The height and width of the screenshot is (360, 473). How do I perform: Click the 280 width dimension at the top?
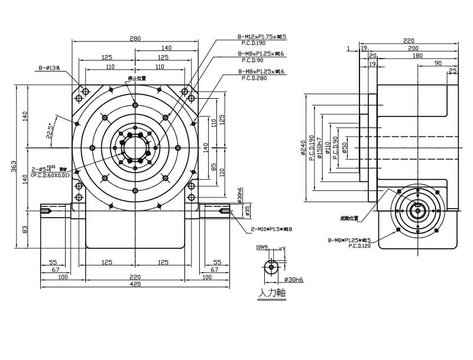coord(135,38)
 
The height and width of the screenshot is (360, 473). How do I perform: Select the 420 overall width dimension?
coord(135,284)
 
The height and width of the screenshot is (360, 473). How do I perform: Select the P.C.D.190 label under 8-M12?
coord(254,43)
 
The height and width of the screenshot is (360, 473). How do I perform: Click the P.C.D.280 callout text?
coord(254,78)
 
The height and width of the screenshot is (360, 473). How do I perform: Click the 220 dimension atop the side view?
coord(409,41)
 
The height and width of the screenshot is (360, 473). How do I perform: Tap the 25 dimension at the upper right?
coord(453,70)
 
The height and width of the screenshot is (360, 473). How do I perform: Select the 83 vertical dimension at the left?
coord(25,228)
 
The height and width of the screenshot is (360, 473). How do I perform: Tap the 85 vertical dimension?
coord(214,167)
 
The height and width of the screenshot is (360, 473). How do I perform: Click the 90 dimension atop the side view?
coord(438,63)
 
